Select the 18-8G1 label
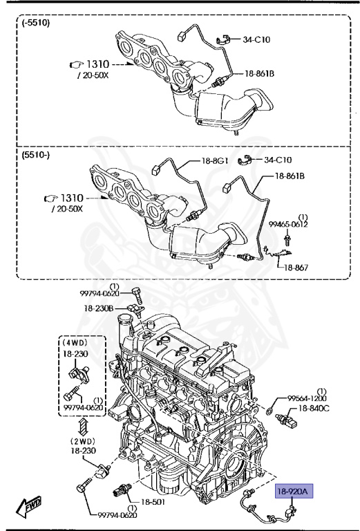pyautogui.click(x=216, y=160)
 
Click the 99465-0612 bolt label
pyautogui.click(x=289, y=224)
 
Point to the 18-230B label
pyautogui.click(x=99, y=308)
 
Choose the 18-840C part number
pyautogui.click(x=314, y=409)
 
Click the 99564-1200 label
pyautogui.click(x=307, y=399)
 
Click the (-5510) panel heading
pyautogui.click(x=36, y=22)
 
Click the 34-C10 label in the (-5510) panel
pyautogui.click(x=257, y=39)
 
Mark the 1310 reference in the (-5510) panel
pyautogui.click(x=95, y=64)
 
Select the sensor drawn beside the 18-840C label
pyautogui.click(x=285, y=419)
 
